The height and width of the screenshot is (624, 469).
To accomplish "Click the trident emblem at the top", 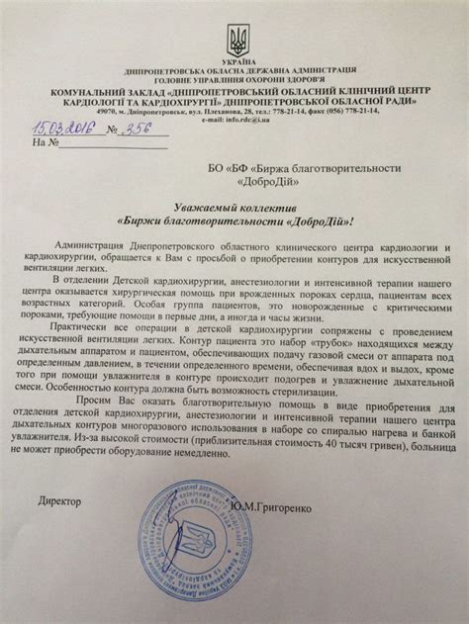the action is pos(234,41).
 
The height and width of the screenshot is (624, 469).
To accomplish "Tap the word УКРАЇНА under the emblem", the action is pos(234,62).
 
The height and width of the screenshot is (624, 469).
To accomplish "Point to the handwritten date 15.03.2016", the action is pos(59,128).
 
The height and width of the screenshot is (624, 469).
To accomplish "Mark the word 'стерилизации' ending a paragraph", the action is pos(278,418).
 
